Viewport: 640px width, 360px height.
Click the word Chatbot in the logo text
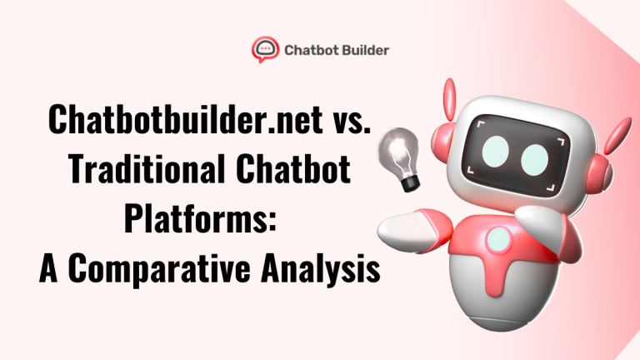point(310,49)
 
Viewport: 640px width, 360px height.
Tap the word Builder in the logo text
point(365,49)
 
